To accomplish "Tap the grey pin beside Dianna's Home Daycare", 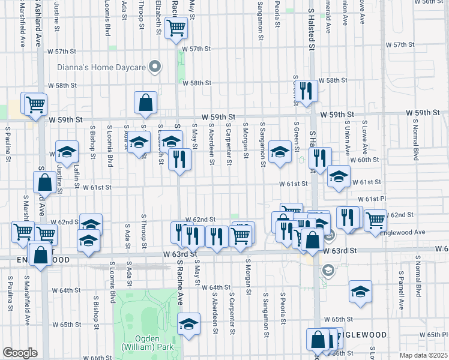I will click(x=155, y=67).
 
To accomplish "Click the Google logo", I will click(x=20, y=352).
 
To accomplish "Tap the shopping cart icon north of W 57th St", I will click(x=176, y=27).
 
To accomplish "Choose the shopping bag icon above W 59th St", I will click(x=146, y=103).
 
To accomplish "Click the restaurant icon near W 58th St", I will click(x=307, y=91).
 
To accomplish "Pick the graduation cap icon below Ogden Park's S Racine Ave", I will click(x=188, y=326).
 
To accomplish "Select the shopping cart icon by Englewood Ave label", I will click(x=375, y=220).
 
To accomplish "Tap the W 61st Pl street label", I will click(x=378, y=199).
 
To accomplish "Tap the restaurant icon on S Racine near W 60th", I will click(x=180, y=160).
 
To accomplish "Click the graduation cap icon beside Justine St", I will click(x=67, y=152).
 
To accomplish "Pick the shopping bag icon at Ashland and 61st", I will click(x=44, y=181).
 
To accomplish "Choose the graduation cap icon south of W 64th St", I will click(x=360, y=292).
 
